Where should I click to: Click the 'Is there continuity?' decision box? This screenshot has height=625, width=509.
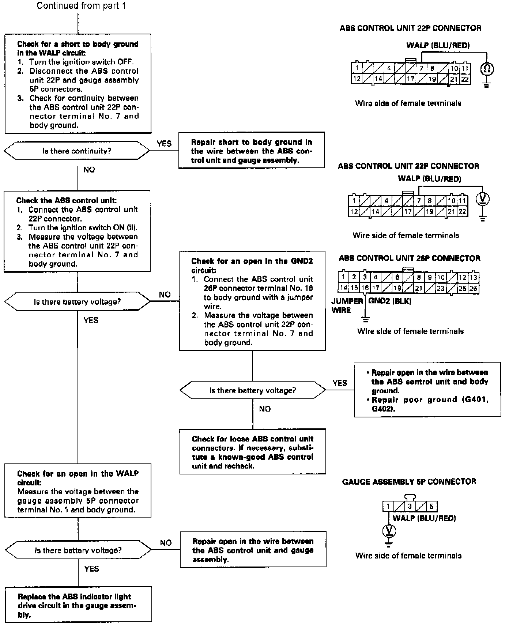pos(77,151)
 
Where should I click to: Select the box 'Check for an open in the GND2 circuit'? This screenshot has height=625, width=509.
pos(252,301)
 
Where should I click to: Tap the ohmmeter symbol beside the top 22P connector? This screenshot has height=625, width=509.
pos(487,69)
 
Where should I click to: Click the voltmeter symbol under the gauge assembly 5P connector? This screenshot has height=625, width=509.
pos(389,530)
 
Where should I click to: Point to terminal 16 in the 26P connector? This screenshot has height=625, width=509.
pos(365,288)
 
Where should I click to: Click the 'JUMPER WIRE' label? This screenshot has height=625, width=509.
pos(347,306)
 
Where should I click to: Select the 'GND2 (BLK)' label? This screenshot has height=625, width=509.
pos(390,301)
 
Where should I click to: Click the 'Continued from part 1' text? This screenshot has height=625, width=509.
pos(81,6)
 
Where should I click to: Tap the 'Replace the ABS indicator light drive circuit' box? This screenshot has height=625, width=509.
pos(78,606)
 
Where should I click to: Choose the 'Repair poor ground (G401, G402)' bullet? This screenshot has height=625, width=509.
pos(429,404)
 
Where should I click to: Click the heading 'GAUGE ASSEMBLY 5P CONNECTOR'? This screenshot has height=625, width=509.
pos(409,482)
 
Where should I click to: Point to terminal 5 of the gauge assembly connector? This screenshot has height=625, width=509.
pos(431,507)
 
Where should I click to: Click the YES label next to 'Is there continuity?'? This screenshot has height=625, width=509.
pos(164,144)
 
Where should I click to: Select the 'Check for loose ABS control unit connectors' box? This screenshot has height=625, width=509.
pos(252,452)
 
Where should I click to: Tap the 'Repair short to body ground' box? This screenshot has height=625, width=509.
pos(251,151)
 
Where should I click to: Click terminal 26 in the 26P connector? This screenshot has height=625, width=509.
pos(473,288)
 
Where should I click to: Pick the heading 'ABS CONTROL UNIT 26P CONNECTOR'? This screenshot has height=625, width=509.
pos(410,258)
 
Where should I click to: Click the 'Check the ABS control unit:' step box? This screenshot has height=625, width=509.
pos(77,231)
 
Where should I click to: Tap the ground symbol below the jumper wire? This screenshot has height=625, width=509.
pos(365,319)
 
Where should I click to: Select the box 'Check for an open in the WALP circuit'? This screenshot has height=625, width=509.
pos(78,491)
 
